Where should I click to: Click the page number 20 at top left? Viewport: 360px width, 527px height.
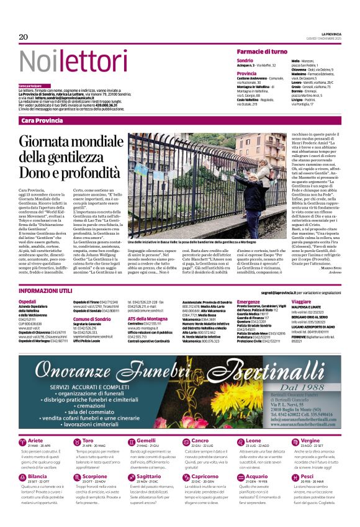click(x=24, y=37)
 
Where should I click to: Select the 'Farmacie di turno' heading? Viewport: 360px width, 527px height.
click(x=261, y=51)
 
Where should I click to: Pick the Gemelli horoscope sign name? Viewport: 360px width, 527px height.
click(x=146, y=440)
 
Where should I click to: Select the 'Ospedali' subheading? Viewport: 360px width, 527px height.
click(x=28, y=301)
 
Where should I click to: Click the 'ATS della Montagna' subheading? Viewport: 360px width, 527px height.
click(x=148, y=318)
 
